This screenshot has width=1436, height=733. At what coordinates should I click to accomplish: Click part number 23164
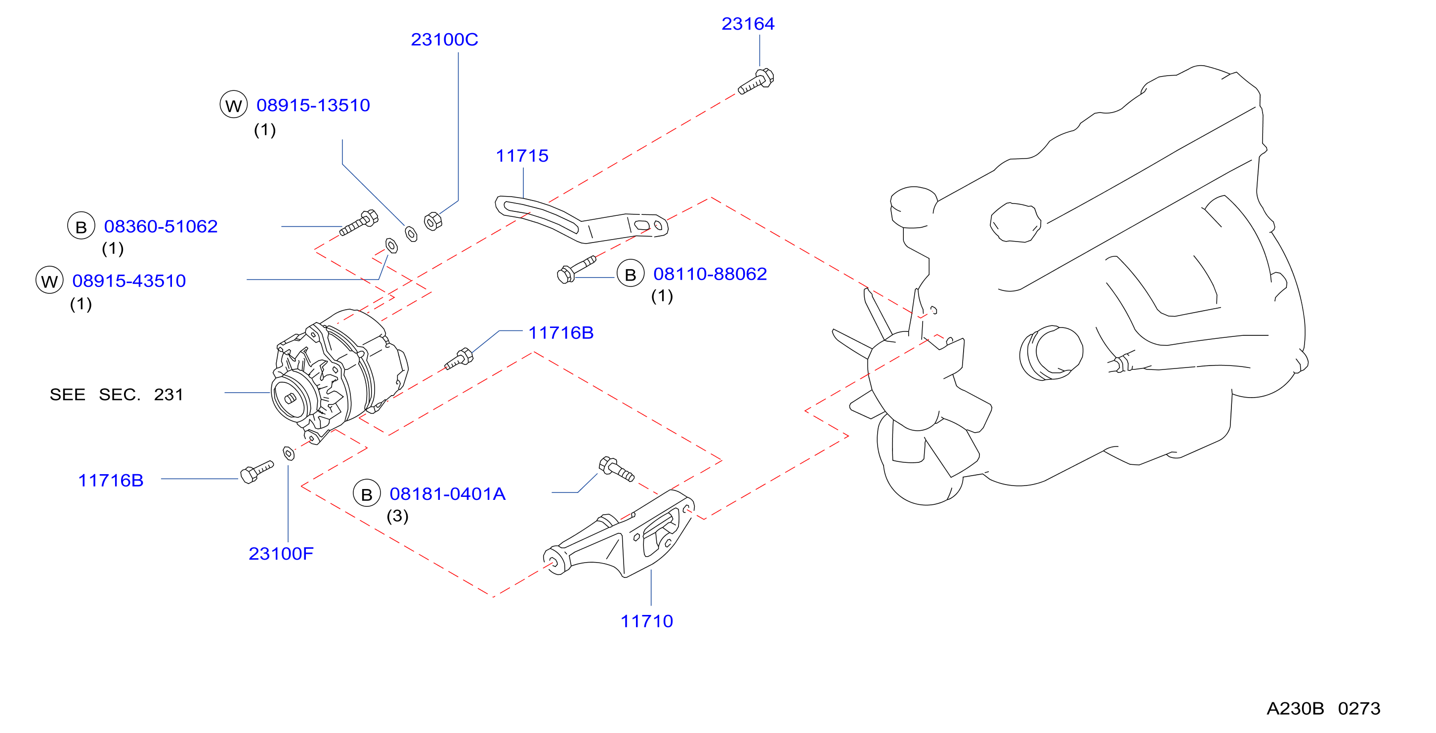pyautogui.click(x=748, y=24)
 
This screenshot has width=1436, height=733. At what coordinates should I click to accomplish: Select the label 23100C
pyautogui.click(x=444, y=40)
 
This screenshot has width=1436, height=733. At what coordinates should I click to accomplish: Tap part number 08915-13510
pyautogui.click(x=313, y=105)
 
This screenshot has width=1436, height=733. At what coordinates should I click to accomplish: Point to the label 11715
pyautogui.click(x=522, y=156)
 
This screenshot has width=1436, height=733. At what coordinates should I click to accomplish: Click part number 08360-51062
pyautogui.click(x=161, y=226)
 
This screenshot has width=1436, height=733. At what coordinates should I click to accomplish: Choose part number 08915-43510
pyautogui.click(x=129, y=281)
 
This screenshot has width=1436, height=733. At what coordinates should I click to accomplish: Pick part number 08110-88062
pyautogui.click(x=710, y=274)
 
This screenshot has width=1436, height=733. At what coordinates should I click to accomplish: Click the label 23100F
pyautogui.click(x=281, y=554)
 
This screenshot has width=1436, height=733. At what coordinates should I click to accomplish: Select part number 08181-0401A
pyautogui.click(x=447, y=494)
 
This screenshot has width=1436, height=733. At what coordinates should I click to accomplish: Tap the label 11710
pyautogui.click(x=647, y=621)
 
